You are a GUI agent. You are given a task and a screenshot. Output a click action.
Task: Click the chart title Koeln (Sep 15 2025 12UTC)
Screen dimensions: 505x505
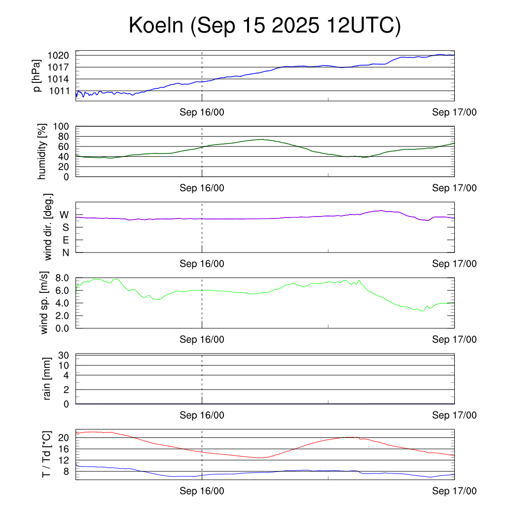pyautogui.click(x=264, y=26)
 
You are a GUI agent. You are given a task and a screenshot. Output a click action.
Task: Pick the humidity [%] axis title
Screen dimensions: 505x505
pyautogui.click(x=42, y=151)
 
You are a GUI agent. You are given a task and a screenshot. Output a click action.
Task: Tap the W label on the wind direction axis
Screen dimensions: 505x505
pyautogui.click(x=65, y=215)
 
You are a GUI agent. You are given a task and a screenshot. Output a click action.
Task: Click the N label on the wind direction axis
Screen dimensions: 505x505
pyautogui.click(x=65, y=252)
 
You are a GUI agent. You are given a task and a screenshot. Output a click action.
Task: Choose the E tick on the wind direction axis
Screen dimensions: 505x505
pyautogui.click(x=65, y=240)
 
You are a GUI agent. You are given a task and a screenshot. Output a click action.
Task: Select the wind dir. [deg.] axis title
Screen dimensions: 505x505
pyautogui.click(x=48, y=227)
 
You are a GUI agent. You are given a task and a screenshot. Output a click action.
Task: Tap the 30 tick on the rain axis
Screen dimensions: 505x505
pyautogui.click(x=64, y=356)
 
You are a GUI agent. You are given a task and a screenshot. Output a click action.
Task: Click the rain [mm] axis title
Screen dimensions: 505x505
pyautogui.click(x=48, y=379)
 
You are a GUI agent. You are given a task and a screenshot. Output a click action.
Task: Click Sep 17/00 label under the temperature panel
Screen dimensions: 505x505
pyautogui.click(x=454, y=491)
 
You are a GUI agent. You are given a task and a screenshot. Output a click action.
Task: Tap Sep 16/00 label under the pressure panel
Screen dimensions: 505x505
pyautogui.click(x=202, y=112)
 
